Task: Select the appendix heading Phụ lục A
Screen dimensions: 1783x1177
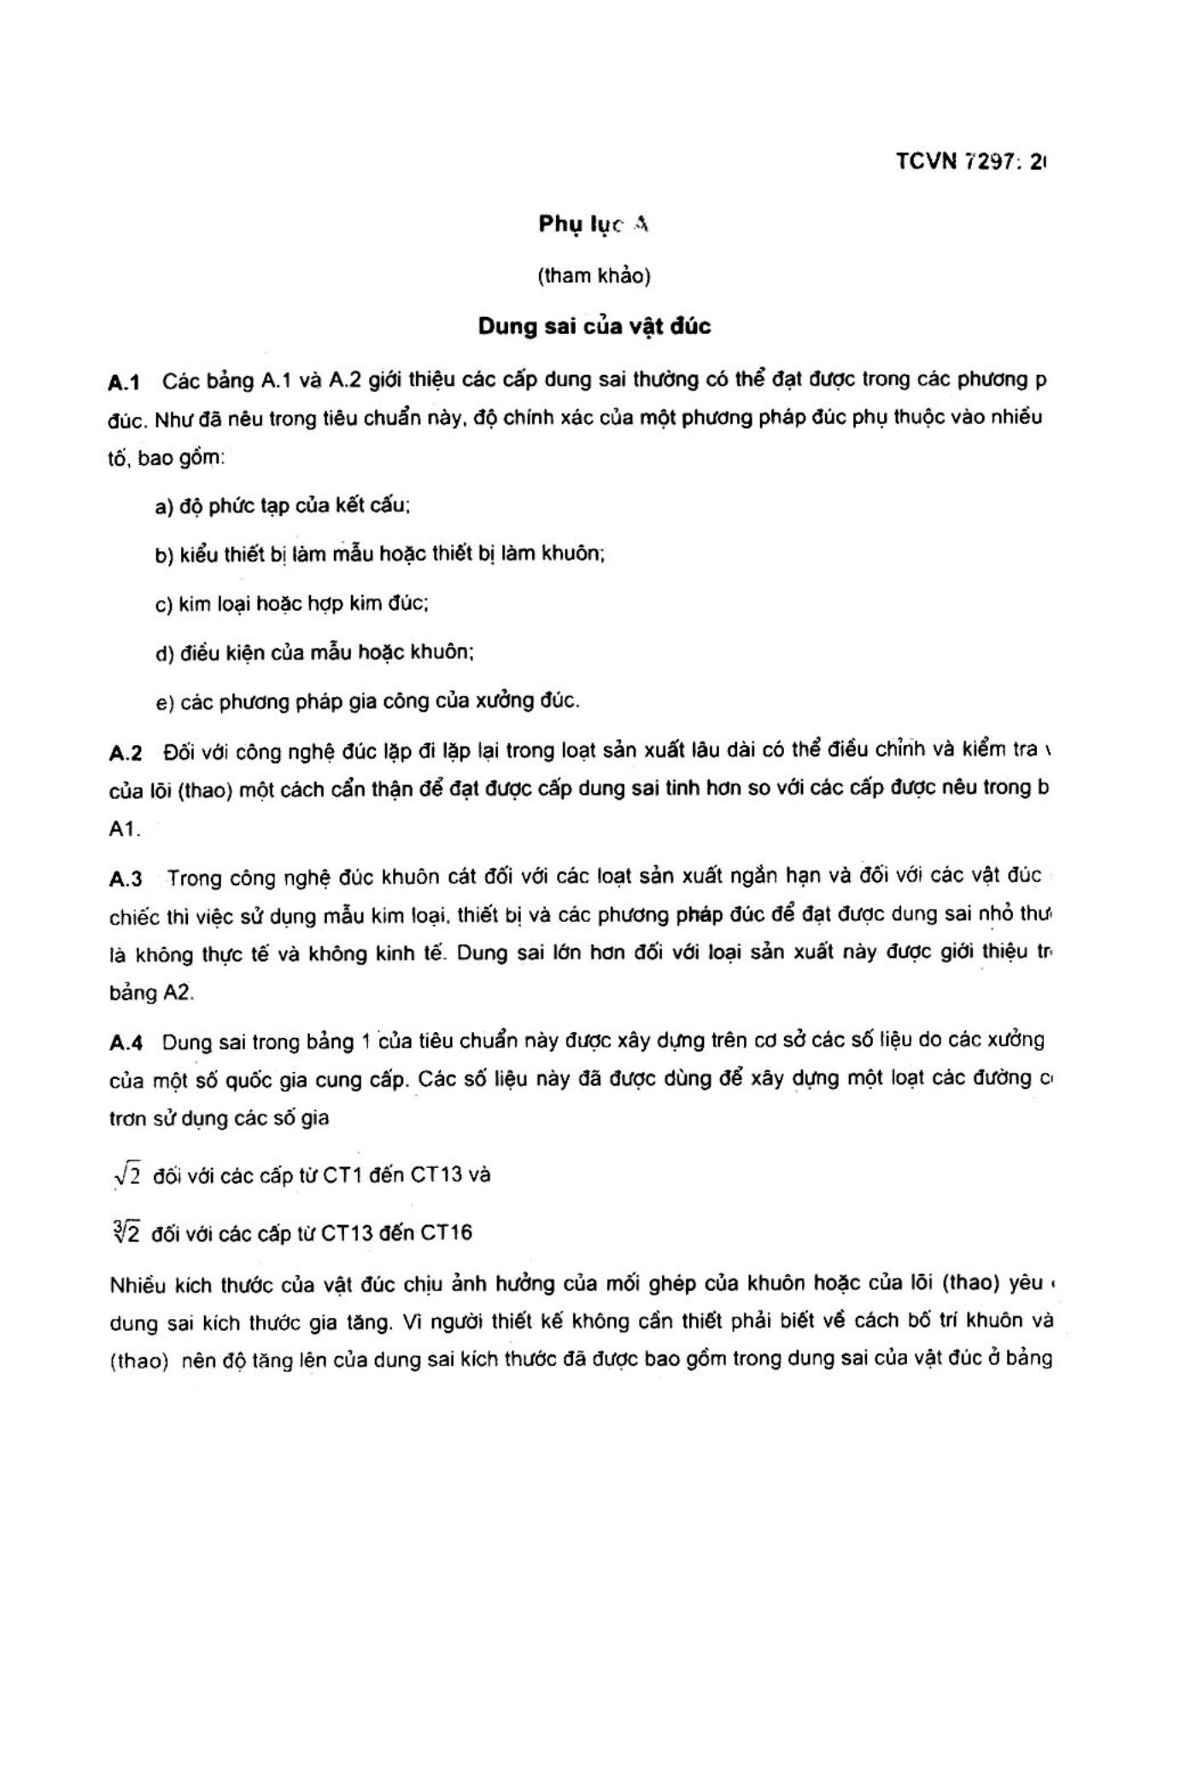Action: point(594,225)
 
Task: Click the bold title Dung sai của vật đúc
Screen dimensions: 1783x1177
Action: point(594,326)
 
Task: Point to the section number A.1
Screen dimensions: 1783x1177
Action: point(125,382)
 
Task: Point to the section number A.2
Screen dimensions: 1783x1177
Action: point(125,753)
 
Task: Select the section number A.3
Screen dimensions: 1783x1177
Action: point(126,878)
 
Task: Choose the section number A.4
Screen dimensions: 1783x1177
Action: point(126,1042)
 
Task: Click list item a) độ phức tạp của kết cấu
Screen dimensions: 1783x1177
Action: point(283,506)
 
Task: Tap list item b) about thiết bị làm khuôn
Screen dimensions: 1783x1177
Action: point(380,554)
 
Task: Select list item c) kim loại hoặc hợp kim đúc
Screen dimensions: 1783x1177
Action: point(291,604)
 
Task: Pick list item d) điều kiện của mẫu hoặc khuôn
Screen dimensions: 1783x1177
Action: point(314,653)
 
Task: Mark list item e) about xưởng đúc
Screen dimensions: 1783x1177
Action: point(367,702)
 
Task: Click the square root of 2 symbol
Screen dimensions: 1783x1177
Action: point(126,1176)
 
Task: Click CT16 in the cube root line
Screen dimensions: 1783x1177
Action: point(446,1234)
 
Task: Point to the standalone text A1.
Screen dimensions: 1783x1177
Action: point(124,829)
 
